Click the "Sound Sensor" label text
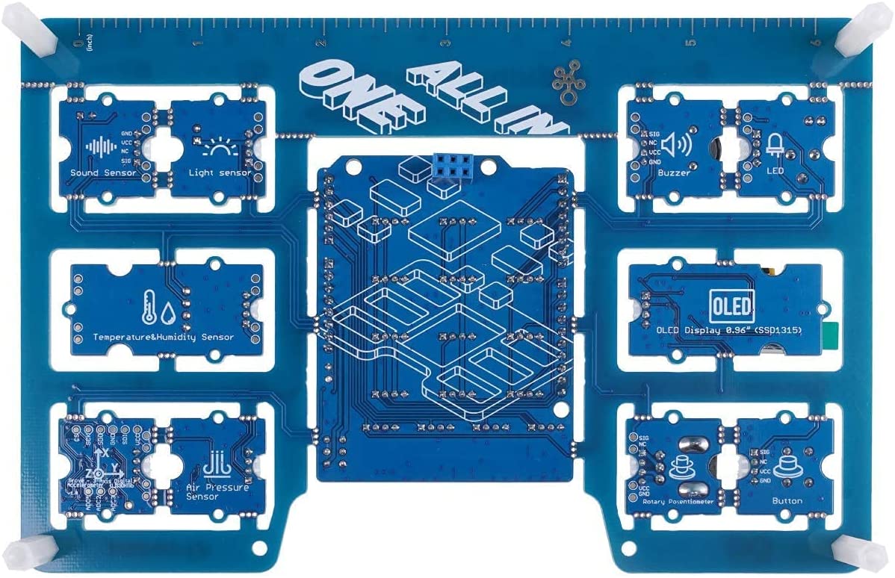103,173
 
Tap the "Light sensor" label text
219,173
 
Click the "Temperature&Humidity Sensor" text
163,337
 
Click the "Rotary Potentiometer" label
678,501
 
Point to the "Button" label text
787,501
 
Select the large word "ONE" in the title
351,97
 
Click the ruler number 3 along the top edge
445,43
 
